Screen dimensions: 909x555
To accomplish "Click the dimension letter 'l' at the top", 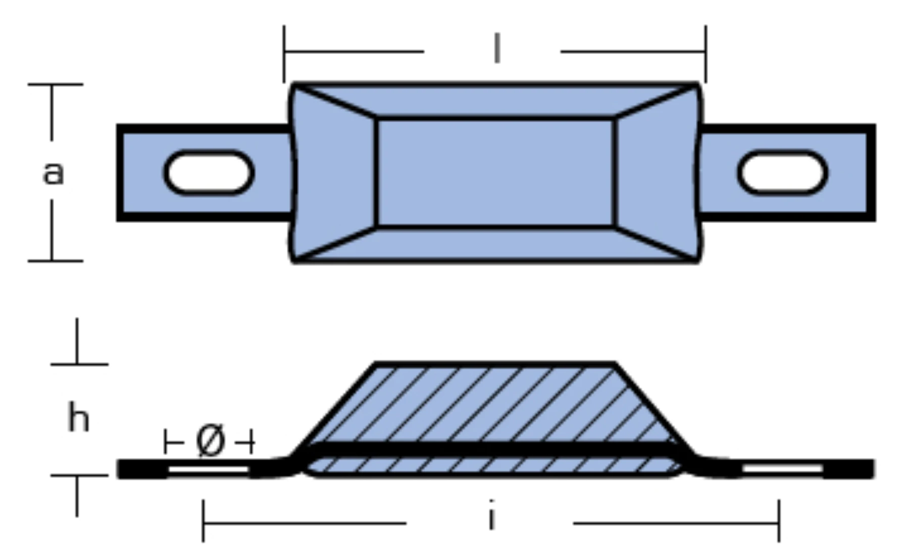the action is pyautogui.click(x=497, y=48).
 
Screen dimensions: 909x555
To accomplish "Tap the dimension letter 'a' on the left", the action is pyautogui.click(x=53, y=173).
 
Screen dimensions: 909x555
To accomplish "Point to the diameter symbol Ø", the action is pyautogui.click(x=210, y=441).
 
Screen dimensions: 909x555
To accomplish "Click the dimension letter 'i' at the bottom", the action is pyautogui.click(x=491, y=515).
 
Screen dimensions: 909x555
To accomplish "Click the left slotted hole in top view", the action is pyautogui.click(x=209, y=172).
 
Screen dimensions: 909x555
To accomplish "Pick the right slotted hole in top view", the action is pyautogui.click(x=782, y=172).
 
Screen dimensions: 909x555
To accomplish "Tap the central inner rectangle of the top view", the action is pyautogui.click(x=496, y=173).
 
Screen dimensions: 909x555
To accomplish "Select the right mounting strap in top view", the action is pyautogui.click(x=787, y=173).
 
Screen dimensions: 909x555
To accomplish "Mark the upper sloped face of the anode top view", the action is pyautogui.click(x=496, y=101).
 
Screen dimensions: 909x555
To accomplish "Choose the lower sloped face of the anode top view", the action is pyautogui.click(x=496, y=244).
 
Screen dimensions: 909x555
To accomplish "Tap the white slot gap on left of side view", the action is pyautogui.click(x=208, y=470).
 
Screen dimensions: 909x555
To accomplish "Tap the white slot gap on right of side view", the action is pyautogui.click(x=783, y=470).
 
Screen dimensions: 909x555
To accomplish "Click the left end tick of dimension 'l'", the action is pyautogui.click(x=284, y=53).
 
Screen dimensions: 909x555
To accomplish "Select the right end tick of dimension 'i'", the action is pyautogui.click(x=779, y=521).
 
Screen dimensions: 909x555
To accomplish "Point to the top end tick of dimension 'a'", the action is pyautogui.click(x=55, y=85).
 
